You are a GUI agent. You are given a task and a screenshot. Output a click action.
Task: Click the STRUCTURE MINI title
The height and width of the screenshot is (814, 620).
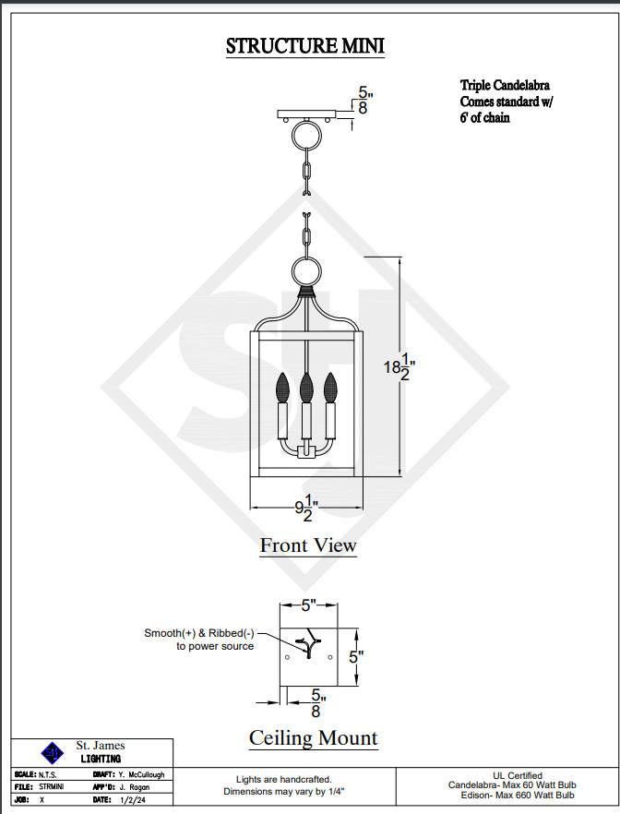(x=305, y=46)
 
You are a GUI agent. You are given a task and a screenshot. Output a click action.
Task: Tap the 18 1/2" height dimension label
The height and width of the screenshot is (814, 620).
(x=399, y=367)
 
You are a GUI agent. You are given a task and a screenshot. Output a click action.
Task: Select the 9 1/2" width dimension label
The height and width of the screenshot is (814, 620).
(x=306, y=509)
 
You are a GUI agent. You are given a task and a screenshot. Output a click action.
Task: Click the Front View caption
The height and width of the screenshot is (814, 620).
(x=308, y=545)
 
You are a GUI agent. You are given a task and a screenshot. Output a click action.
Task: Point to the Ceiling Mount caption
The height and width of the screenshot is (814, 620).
(x=314, y=737)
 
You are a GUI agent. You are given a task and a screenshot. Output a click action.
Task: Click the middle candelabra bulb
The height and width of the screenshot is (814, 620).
(x=306, y=387)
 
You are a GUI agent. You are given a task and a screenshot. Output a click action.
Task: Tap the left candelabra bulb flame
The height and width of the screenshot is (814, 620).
(x=282, y=387)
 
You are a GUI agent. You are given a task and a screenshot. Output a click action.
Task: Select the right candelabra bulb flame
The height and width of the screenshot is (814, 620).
(x=330, y=387)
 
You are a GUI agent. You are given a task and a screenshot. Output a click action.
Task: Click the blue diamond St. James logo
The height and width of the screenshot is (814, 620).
(x=52, y=752)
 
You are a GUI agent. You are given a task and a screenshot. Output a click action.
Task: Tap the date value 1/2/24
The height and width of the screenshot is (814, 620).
(x=133, y=800)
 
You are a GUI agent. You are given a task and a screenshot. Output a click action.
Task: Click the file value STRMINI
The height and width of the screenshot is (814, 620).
(x=52, y=787)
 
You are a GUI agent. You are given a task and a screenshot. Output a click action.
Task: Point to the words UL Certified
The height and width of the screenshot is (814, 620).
(x=518, y=775)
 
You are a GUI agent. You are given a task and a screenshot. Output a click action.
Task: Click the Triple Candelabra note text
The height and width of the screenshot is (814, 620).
(x=505, y=85)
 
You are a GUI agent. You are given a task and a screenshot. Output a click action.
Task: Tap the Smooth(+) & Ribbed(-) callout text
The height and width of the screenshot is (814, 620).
(x=199, y=633)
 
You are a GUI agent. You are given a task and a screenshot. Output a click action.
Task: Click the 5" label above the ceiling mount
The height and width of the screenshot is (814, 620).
(x=309, y=605)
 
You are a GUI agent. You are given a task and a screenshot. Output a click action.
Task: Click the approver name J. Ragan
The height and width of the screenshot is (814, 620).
(x=135, y=787)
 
